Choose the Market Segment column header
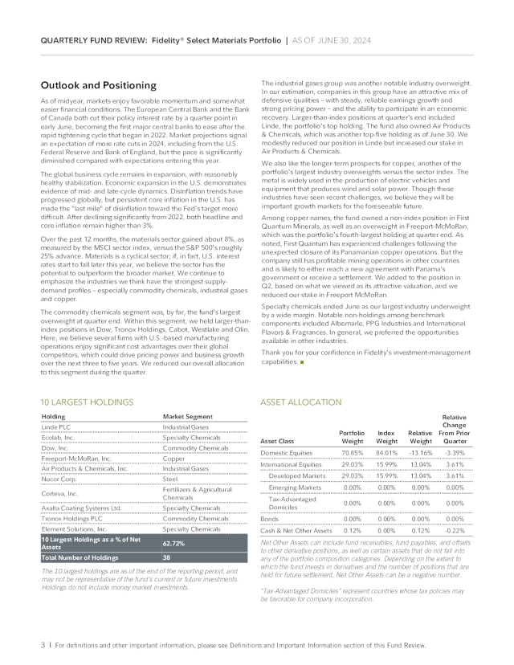(x=187, y=416)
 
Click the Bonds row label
(x=270, y=520)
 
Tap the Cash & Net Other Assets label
(x=296, y=531)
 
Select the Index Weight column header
(x=386, y=437)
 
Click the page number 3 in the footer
(x=42, y=645)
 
